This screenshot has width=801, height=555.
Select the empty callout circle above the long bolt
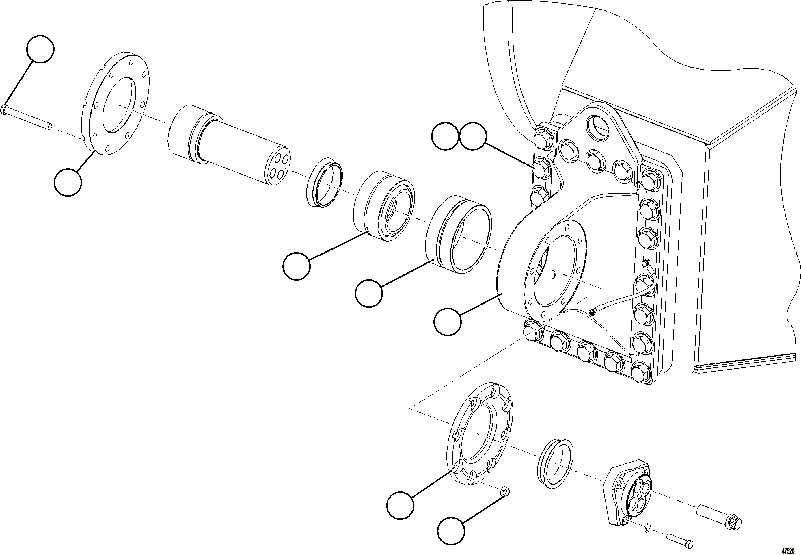(41, 49)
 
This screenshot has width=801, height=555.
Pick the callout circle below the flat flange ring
(68, 182)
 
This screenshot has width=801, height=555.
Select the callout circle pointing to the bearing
(297, 266)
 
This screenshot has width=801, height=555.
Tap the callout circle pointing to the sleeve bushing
(369, 294)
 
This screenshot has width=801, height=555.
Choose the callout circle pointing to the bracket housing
(448, 322)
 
